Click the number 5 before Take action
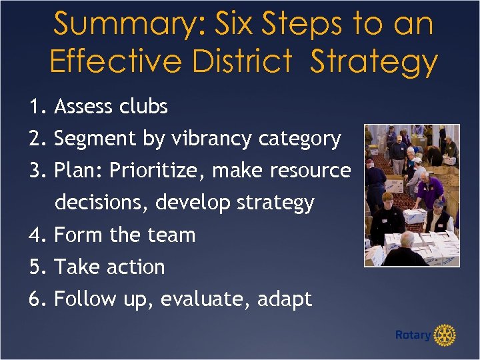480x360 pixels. pos(35,267)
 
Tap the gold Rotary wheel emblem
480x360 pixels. pos(445,335)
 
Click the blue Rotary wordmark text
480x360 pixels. pos(413,335)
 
